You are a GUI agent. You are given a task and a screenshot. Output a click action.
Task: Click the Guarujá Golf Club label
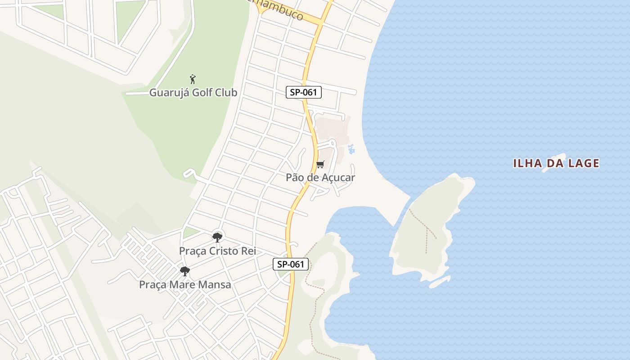193,93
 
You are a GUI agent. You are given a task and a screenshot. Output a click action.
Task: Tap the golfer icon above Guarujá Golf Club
193,79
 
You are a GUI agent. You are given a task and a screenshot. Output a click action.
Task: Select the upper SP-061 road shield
304,93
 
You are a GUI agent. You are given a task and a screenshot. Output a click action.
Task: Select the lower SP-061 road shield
291,264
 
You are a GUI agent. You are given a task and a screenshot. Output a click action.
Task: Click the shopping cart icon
320,165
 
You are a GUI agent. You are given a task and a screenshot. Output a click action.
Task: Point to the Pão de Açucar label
320,177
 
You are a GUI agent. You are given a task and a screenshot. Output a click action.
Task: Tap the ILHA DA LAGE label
556,163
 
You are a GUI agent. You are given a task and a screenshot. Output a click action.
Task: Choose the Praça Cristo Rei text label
217,251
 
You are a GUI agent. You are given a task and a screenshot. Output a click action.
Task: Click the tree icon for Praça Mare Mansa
184,271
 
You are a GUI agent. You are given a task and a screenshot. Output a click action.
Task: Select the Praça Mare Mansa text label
185,284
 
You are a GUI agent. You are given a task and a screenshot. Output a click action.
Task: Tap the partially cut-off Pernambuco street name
281,11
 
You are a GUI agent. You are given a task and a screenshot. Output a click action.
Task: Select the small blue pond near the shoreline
351,149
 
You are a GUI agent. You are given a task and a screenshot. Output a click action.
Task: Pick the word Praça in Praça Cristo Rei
192,251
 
